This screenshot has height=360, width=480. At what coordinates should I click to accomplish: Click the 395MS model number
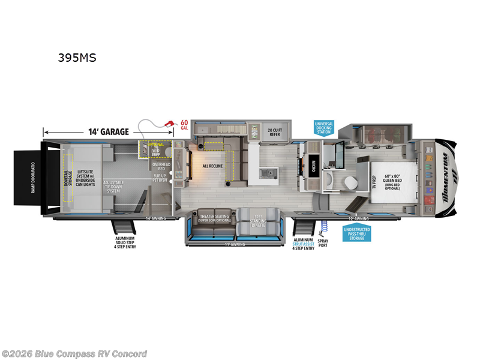coord(76,58)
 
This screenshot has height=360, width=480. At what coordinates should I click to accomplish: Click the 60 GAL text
coord(184,124)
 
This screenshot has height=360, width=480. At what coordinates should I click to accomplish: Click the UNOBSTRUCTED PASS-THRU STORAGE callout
coord(357,233)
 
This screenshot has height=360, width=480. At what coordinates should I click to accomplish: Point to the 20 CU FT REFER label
coord(274,132)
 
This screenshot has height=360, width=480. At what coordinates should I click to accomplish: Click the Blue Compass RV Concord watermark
coord(74,353)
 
